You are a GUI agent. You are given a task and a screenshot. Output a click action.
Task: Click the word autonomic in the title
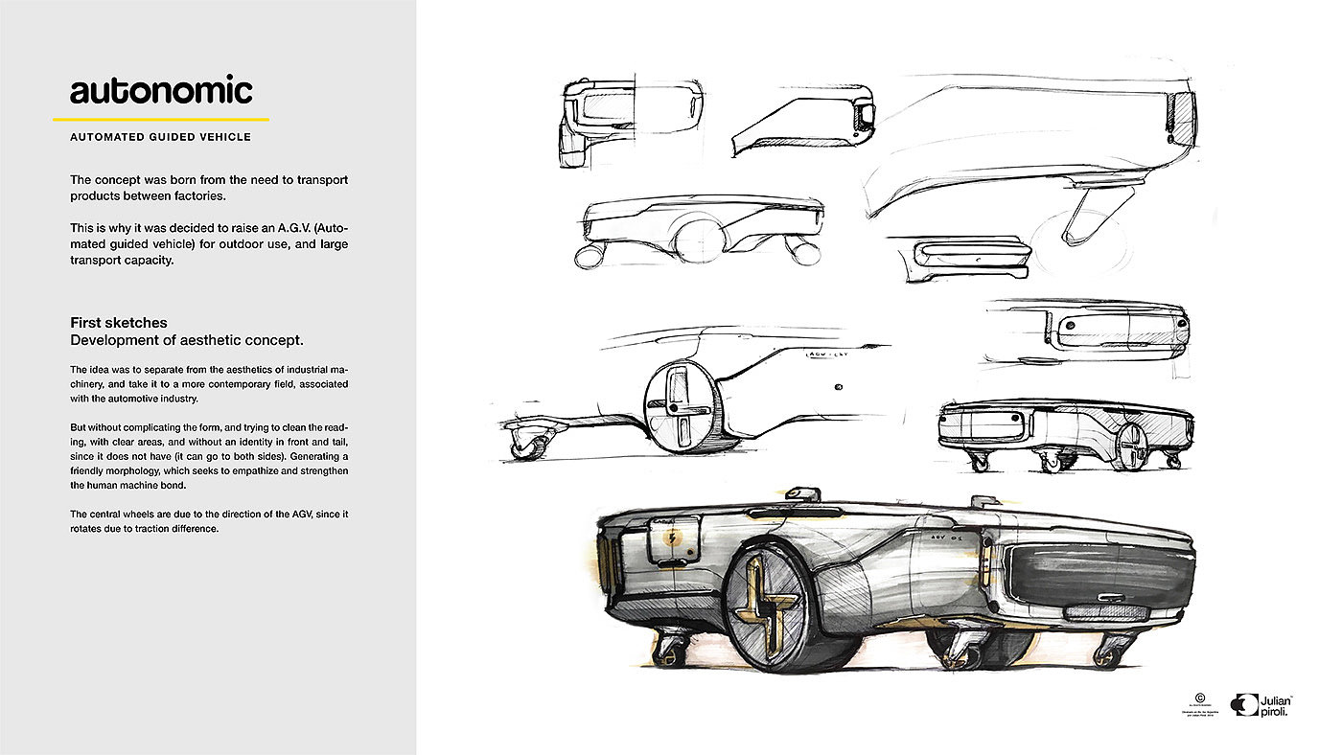click(161, 91)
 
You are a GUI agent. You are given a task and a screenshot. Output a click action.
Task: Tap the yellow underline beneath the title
click(161, 120)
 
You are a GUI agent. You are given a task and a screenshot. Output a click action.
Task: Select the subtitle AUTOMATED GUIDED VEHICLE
click(160, 137)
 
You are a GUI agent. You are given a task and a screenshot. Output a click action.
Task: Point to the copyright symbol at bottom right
click(1199, 698)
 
